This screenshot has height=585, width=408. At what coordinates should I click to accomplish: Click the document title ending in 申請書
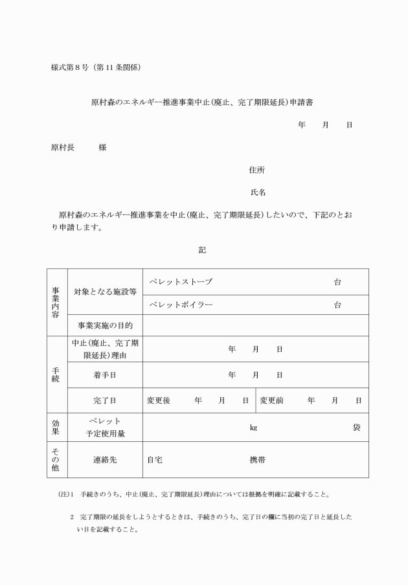[x=202, y=102]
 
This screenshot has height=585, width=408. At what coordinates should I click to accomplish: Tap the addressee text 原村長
[x=62, y=147]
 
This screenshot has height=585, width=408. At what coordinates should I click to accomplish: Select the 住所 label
[x=256, y=170]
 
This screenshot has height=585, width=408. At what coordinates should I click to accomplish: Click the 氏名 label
[x=258, y=192]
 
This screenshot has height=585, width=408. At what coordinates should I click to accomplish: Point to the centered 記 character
[x=202, y=249]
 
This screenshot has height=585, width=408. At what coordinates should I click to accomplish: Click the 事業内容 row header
[x=56, y=302]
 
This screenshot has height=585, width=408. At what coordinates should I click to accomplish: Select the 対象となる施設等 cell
[x=104, y=292]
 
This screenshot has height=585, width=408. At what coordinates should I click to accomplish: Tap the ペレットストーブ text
[x=181, y=282]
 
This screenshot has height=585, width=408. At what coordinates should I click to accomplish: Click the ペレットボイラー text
[x=181, y=304]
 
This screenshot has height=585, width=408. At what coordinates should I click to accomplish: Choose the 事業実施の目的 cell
[x=104, y=325]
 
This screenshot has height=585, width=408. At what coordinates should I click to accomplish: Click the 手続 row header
[x=56, y=374]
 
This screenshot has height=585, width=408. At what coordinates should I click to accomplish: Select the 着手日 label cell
[x=104, y=374]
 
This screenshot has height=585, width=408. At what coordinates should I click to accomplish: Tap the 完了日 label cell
[x=104, y=400]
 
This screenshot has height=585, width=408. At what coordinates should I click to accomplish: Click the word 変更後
[x=159, y=400]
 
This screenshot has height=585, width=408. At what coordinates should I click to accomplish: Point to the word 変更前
[x=272, y=400]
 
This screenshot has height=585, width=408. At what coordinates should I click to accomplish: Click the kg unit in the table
[x=253, y=428]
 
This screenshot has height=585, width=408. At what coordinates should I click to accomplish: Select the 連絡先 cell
[x=104, y=460]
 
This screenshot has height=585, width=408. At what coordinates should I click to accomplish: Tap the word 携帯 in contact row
[x=258, y=460]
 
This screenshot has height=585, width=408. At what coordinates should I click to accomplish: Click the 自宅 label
[x=155, y=460]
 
